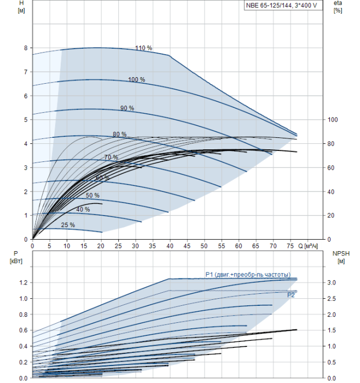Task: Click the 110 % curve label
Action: click(143, 48)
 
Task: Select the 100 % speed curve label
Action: click(137, 79)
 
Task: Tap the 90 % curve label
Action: click(127, 108)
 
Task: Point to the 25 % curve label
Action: click(68, 225)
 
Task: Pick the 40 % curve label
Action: click(83, 210)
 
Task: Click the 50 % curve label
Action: click(92, 195)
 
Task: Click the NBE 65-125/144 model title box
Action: click(283, 5)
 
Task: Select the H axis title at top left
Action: click(21, 7)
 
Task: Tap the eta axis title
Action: click(338, 7)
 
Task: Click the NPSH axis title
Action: click(341, 257)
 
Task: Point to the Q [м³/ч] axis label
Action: click(307, 246)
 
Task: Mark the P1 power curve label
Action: click(248, 275)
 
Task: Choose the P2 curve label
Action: click(291, 295)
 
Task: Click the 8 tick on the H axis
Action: click(26, 48)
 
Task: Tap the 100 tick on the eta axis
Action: click(333, 119)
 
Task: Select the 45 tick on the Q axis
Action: click(187, 246)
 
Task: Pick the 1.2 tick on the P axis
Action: click(23, 283)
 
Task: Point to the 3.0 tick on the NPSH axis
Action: click(332, 283)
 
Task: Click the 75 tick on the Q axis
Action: click(290, 246)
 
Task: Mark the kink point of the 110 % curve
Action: click(169, 55)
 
